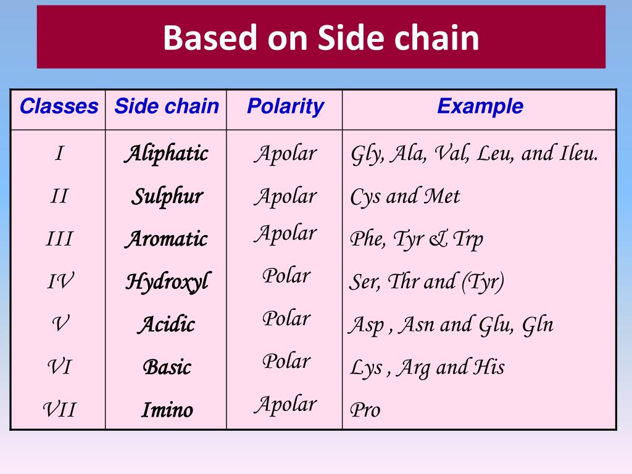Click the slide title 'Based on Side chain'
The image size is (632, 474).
[x=321, y=38]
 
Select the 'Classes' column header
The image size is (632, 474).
[x=59, y=107]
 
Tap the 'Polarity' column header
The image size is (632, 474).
[x=285, y=106]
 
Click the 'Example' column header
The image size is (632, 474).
[x=480, y=106]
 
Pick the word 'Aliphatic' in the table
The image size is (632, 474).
[x=166, y=154]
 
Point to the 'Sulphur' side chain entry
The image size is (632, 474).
[x=167, y=197]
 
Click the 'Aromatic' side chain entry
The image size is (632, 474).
[x=166, y=239]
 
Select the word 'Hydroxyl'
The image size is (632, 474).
[x=167, y=282]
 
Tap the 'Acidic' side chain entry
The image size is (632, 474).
[x=166, y=325]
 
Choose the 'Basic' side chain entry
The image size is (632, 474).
[x=167, y=367]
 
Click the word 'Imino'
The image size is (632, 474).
[x=167, y=410]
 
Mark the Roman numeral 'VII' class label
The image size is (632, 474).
[x=59, y=409]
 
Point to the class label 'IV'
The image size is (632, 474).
[x=59, y=282]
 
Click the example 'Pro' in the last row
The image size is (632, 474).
[x=365, y=410]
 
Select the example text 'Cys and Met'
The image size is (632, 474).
[x=405, y=197]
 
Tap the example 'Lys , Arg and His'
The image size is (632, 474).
[x=427, y=367]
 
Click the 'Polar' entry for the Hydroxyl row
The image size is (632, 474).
[x=286, y=275]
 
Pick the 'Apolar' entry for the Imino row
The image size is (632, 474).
[x=286, y=404]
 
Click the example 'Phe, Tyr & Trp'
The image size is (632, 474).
[x=417, y=239]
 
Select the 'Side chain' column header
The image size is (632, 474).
[x=167, y=106]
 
